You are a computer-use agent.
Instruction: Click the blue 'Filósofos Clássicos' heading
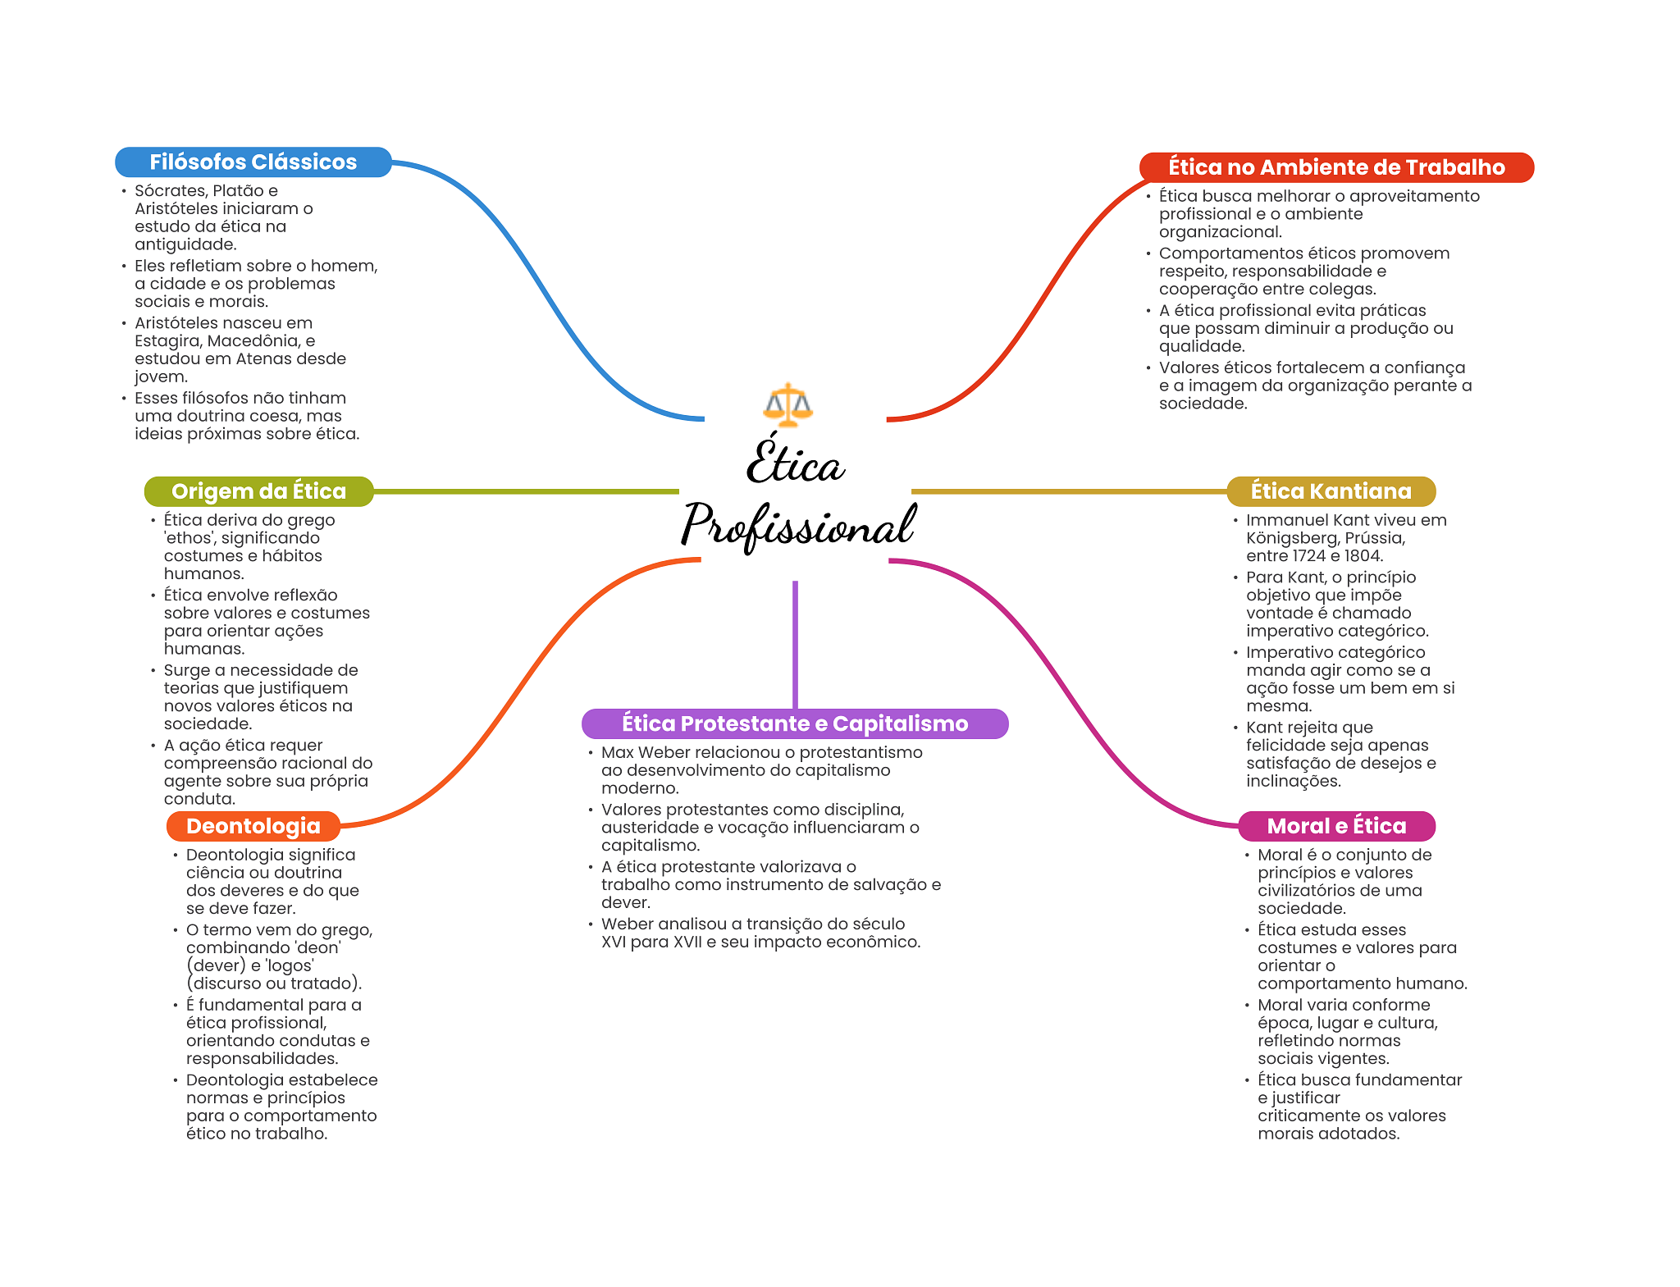click(253, 162)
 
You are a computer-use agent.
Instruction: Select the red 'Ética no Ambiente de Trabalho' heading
click(1335, 167)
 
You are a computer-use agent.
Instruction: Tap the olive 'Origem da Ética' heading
click(258, 491)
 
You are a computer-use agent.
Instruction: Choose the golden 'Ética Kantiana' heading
click(1331, 491)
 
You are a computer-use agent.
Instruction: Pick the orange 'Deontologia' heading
click(253, 826)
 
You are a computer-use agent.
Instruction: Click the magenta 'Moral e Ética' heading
click(1336, 826)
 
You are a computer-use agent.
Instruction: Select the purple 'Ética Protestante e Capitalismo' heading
click(794, 723)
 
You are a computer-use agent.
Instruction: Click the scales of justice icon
click(787, 404)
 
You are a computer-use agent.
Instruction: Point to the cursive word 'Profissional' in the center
click(797, 526)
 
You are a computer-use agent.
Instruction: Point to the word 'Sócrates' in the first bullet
click(170, 191)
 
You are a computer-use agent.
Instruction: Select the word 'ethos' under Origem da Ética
click(189, 538)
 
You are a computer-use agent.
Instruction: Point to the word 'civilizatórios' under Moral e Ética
click(1316, 891)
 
